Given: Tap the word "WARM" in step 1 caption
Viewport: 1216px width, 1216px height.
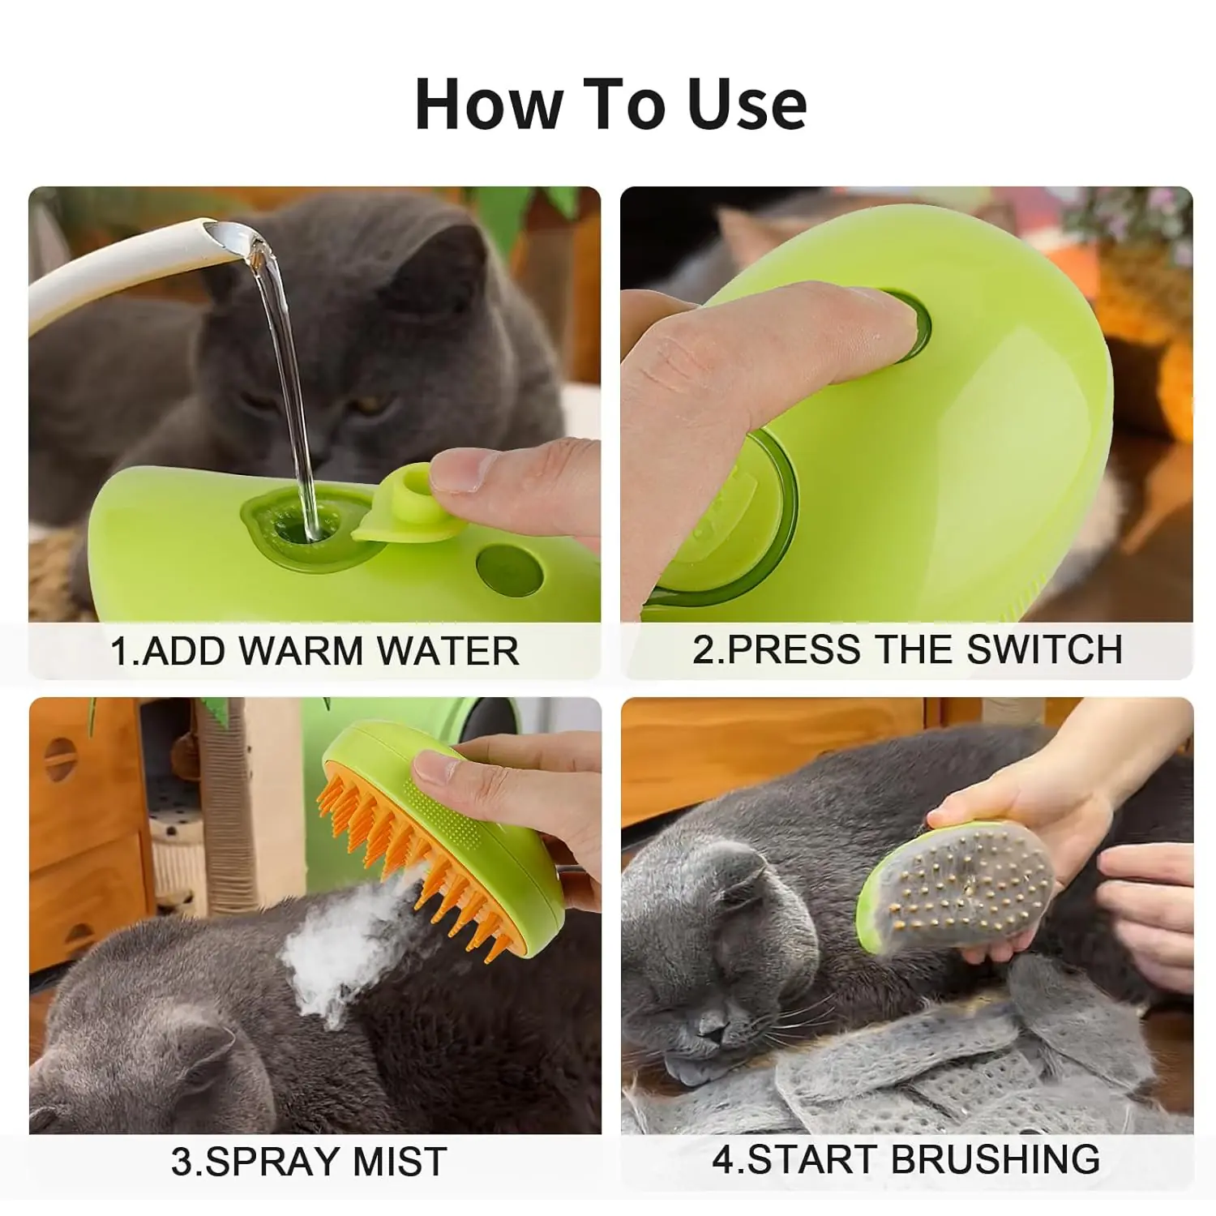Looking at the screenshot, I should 302,651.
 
